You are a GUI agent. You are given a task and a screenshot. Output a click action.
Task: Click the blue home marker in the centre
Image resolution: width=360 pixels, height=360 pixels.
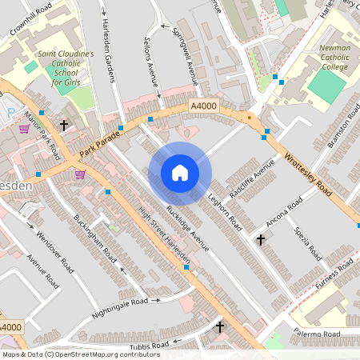(x=180, y=172)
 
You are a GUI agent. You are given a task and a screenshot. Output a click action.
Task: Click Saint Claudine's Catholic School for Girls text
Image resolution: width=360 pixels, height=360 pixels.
(x=66, y=69)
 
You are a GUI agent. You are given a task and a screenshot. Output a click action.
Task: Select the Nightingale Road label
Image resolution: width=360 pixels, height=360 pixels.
(x=120, y=306)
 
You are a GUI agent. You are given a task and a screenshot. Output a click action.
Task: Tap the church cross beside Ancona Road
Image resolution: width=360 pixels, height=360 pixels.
(x=260, y=239)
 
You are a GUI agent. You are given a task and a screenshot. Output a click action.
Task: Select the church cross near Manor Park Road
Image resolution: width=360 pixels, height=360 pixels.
(x=63, y=126)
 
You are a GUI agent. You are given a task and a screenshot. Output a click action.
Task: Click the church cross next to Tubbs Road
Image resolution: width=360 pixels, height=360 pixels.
(x=219, y=327)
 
